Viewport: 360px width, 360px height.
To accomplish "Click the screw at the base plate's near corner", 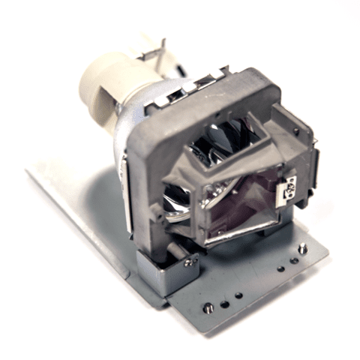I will point(208,307).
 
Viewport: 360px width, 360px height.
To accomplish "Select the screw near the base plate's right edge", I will point(301,247).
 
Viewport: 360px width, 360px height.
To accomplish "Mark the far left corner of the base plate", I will point(28,171).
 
